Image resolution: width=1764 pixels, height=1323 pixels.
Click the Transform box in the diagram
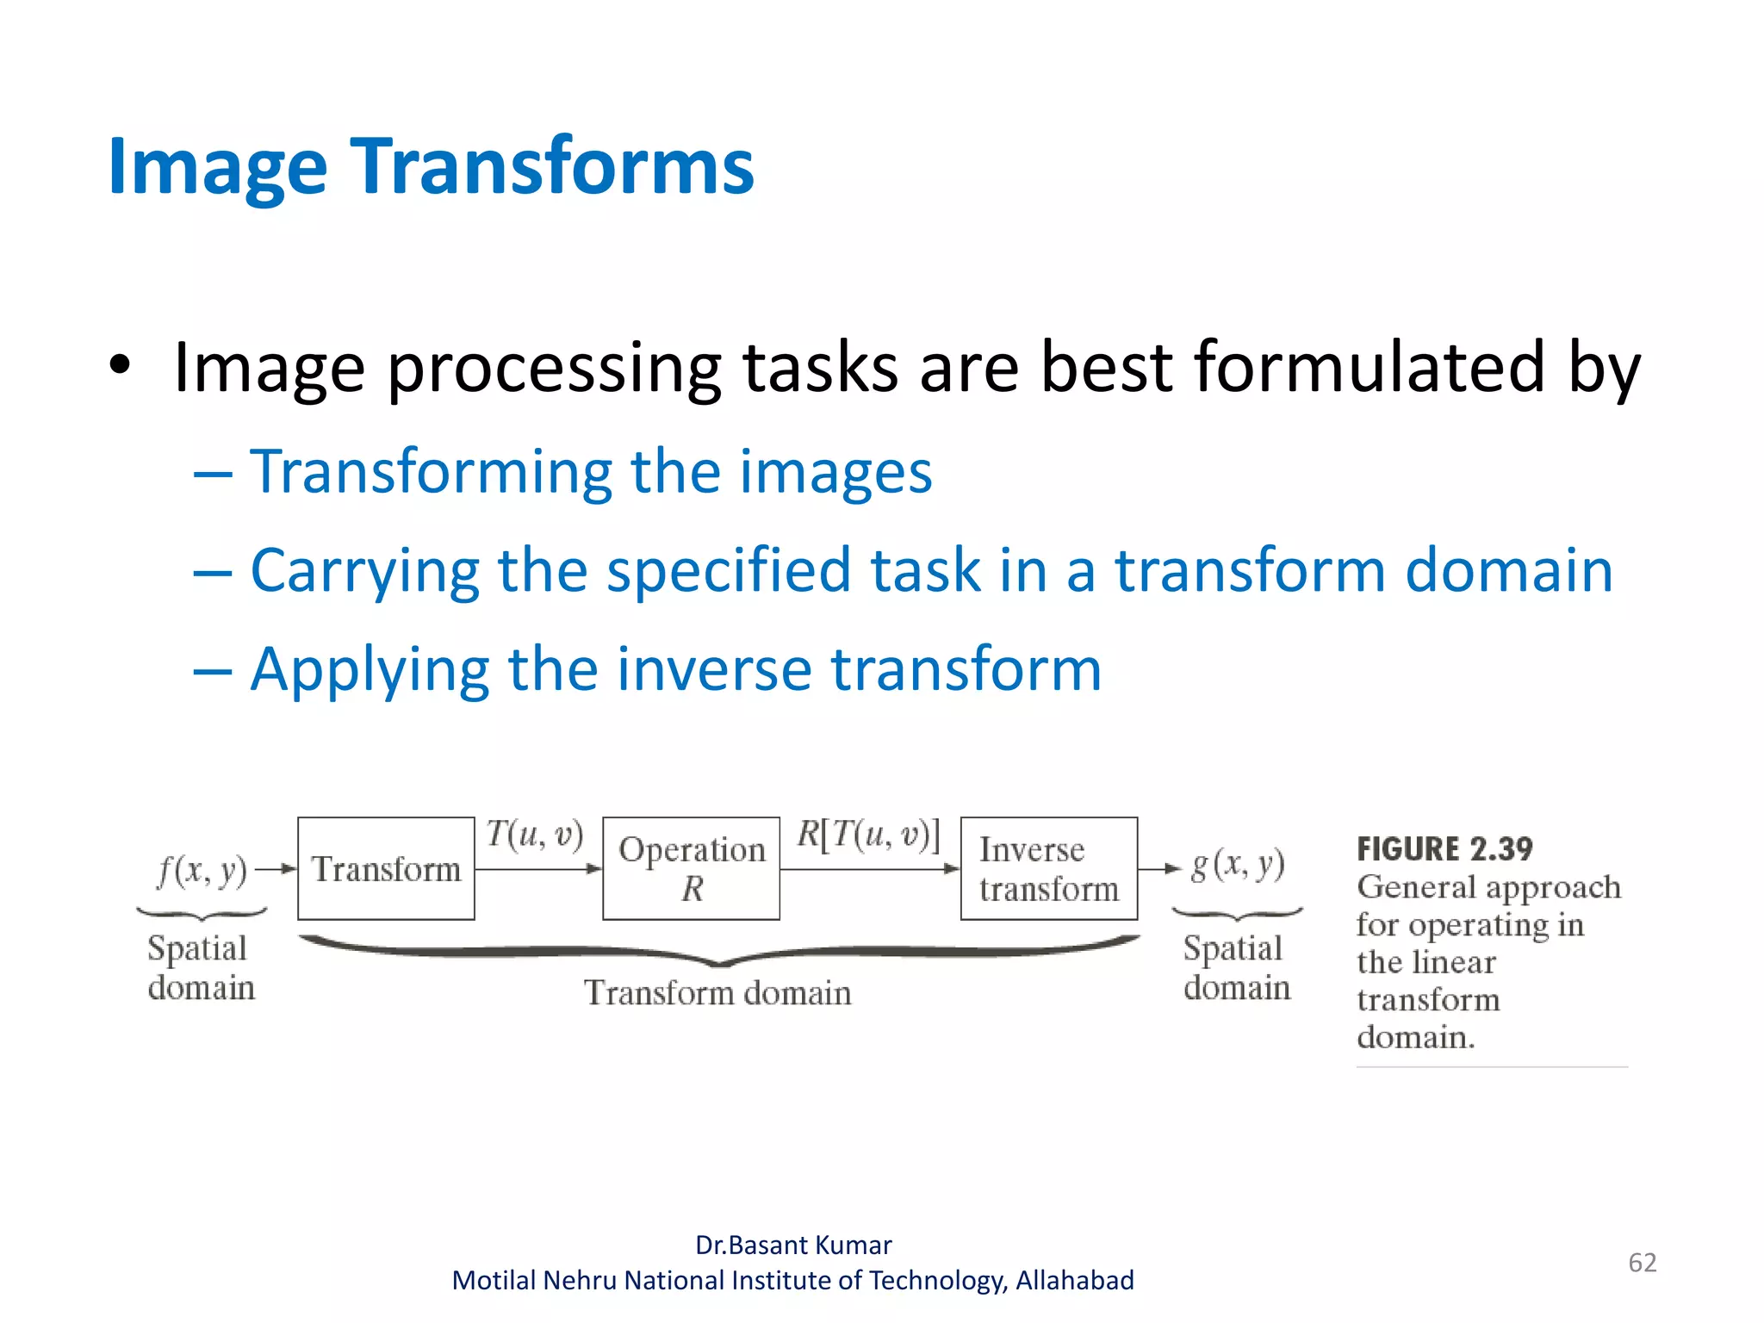point(386,868)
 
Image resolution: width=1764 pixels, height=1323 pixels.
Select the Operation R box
point(691,868)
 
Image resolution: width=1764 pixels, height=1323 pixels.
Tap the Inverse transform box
point(1048,868)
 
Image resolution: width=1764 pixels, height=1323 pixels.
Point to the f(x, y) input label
point(202,870)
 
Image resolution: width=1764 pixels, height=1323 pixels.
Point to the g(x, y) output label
point(1237,865)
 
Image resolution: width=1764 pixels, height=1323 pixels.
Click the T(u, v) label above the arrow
point(534,834)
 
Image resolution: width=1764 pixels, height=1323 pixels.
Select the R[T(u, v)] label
point(867,834)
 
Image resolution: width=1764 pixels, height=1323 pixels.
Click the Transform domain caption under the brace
point(717,993)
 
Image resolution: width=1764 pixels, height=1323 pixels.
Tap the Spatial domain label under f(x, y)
point(201,967)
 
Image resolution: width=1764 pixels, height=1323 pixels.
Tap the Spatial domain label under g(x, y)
point(1236,967)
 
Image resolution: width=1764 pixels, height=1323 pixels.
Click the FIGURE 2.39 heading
point(1444,849)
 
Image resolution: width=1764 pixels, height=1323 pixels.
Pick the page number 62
point(1642,1263)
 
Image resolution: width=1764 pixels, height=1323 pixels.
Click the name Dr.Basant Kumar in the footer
point(793,1245)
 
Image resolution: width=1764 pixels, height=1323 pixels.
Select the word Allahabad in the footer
point(1074,1281)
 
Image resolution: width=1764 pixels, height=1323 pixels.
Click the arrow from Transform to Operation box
point(538,869)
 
